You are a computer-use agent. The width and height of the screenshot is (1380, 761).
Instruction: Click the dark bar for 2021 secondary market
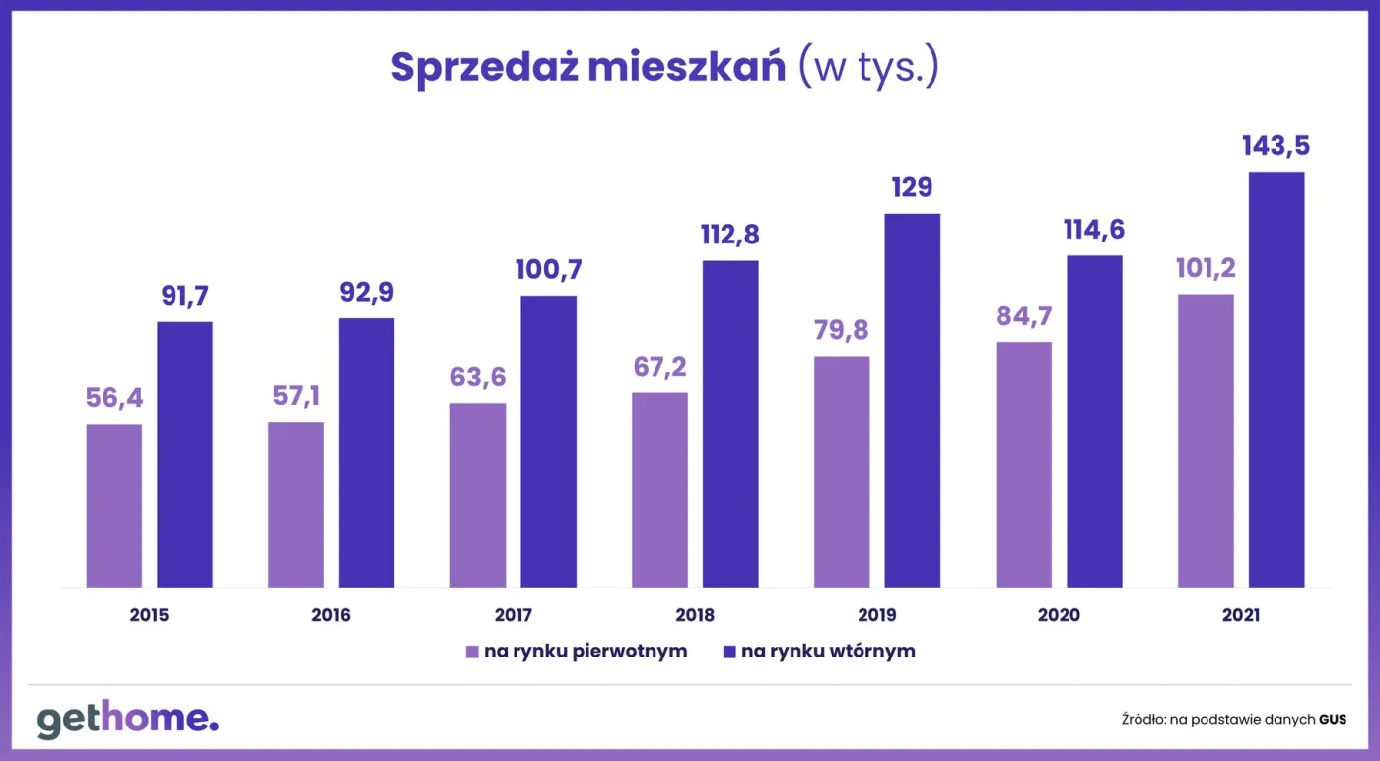(x=1276, y=380)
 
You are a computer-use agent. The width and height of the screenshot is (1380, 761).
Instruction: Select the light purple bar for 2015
(x=114, y=506)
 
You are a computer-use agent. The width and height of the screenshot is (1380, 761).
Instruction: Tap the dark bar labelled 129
(x=912, y=400)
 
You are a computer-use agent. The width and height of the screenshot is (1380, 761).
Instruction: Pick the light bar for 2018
(x=659, y=490)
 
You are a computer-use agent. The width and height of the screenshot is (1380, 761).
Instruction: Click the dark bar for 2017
(x=548, y=442)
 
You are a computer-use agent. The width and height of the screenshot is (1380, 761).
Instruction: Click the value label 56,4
(x=114, y=398)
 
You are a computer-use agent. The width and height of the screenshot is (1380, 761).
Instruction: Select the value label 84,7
(x=1023, y=316)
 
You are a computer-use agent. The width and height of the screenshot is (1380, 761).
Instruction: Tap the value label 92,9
(x=367, y=293)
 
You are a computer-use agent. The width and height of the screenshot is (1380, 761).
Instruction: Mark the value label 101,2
(x=1206, y=268)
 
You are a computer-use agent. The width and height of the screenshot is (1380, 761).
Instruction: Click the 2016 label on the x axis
(x=331, y=615)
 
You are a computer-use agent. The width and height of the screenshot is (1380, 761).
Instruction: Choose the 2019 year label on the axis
(x=876, y=615)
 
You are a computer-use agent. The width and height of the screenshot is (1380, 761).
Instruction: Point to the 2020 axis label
(x=1059, y=615)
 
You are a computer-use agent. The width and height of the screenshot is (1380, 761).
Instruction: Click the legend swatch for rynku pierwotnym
(x=472, y=652)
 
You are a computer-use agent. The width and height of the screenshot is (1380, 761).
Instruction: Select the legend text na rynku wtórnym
(x=828, y=652)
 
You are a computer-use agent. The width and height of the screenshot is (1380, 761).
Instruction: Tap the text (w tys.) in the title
(x=868, y=67)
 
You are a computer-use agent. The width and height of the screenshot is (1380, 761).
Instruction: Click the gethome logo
(x=128, y=720)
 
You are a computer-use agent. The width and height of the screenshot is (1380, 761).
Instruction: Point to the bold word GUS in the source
(x=1333, y=720)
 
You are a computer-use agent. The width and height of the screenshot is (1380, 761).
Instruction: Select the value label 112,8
(x=730, y=236)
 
